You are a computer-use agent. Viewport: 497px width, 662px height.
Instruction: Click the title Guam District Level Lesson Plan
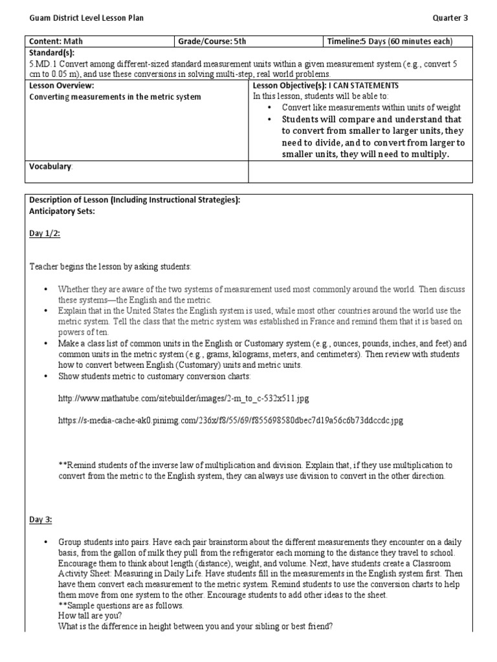[86, 18]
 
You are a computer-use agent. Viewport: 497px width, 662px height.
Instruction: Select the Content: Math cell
[56, 41]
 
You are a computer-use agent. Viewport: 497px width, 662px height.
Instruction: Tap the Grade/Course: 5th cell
[213, 41]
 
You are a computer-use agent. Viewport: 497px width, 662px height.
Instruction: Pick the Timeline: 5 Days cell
[390, 41]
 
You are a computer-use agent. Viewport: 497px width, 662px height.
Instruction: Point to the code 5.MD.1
[42, 63]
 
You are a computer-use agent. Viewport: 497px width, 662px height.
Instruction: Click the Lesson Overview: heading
[62, 85]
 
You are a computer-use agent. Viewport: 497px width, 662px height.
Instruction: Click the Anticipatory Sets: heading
[62, 211]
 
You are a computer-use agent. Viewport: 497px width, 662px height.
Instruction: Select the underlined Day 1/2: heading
[45, 234]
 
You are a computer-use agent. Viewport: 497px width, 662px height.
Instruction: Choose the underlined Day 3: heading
[40, 519]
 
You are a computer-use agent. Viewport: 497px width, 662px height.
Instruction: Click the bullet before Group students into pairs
[46, 542]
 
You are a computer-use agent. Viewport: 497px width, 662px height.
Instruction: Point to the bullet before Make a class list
[46, 344]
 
